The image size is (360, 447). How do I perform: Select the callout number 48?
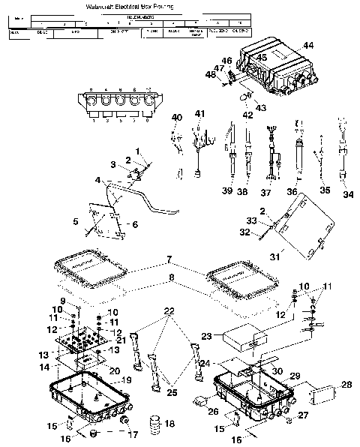[210, 73]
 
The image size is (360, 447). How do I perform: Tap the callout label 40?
[178, 118]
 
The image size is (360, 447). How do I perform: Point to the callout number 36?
[292, 192]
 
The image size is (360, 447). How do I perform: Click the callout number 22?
[169, 311]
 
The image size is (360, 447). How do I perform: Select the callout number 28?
[346, 385]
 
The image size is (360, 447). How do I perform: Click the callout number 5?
[76, 222]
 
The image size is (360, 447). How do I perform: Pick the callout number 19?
[126, 381]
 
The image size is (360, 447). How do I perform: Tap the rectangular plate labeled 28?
[323, 394]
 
